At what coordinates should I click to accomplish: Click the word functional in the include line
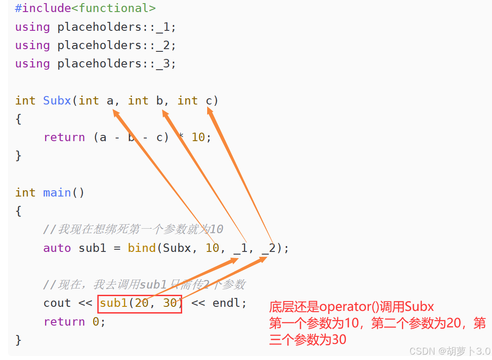click(x=113, y=8)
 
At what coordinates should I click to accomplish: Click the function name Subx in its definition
click(x=57, y=100)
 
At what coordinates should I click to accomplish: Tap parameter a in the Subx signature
click(x=110, y=100)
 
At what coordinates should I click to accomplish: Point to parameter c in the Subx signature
click(x=209, y=100)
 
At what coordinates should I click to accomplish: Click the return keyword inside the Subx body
click(x=64, y=137)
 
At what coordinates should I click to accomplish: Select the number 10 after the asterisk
click(x=198, y=137)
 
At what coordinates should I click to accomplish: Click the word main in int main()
click(x=57, y=193)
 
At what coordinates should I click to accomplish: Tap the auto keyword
click(x=57, y=248)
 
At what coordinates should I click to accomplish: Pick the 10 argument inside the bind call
click(x=212, y=248)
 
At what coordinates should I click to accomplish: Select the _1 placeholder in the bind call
click(x=241, y=248)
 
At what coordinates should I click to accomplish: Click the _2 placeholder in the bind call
click(x=269, y=248)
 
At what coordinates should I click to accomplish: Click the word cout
click(x=57, y=303)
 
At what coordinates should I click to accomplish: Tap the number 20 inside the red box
click(x=142, y=303)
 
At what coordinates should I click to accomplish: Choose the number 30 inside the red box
click(x=170, y=303)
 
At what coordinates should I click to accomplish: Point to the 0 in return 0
click(x=96, y=322)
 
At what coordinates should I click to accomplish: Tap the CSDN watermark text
click(x=422, y=351)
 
